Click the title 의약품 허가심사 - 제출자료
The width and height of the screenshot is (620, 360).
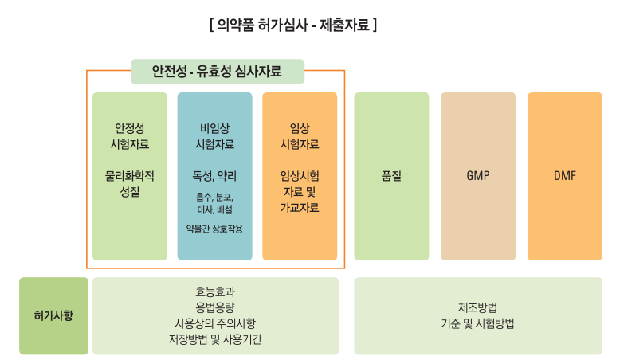[292, 25]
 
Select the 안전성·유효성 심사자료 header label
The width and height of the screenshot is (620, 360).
[217, 72]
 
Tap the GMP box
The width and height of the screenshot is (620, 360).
[478, 176]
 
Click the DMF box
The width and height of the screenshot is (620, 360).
[564, 176]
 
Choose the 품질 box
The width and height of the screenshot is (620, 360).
[390, 176]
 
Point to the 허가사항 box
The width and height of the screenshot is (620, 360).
[53, 315]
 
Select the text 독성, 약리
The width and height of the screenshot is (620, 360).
[214, 175]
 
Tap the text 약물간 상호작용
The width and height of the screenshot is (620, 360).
[214, 229]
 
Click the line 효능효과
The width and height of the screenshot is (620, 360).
[215, 292]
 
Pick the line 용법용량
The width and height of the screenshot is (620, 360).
[215, 307]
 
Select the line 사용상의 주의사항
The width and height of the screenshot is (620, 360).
[215, 323]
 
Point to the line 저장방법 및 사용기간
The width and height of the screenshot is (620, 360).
[215, 339]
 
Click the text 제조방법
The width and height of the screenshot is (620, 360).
[477, 307]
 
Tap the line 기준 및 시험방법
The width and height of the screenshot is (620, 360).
[477, 323]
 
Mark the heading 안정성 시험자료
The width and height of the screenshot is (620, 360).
[129, 136]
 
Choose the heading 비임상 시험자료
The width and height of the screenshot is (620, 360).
[214, 136]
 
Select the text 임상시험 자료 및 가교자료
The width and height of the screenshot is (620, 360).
[300, 192]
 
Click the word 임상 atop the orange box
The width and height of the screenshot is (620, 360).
[300, 128]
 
